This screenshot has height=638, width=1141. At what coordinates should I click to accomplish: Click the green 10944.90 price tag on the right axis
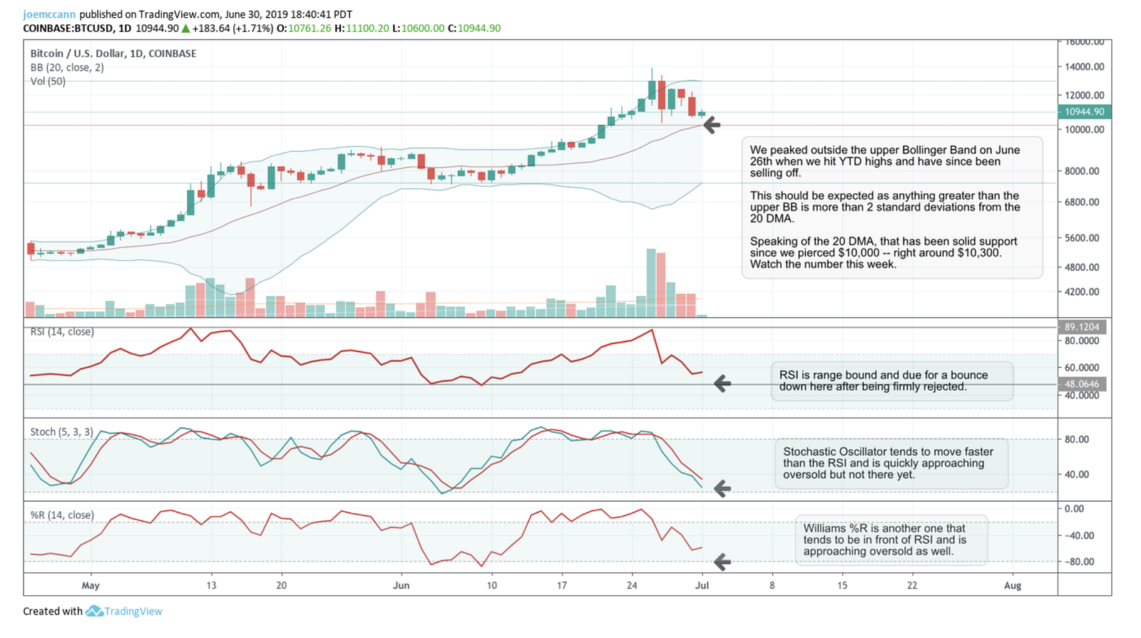pos(1084,112)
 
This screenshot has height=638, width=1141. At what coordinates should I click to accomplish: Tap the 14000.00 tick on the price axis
pos(1084,67)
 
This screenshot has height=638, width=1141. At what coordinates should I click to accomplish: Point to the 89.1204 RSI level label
pos(1081,327)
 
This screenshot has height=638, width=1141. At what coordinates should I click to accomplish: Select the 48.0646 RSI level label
pos(1081,384)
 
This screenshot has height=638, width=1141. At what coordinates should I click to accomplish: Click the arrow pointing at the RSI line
pos(722,384)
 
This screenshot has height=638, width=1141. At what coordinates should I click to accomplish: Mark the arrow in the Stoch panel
pos(722,488)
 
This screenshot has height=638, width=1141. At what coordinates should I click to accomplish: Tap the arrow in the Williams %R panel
pos(722,562)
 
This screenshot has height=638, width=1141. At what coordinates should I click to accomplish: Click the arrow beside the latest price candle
pos(712,125)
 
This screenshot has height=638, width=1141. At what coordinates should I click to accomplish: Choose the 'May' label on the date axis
pos(91,586)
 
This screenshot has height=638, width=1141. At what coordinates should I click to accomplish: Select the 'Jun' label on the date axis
pos(401,586)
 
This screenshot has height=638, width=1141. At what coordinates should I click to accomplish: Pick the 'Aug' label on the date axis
pos(1012,586)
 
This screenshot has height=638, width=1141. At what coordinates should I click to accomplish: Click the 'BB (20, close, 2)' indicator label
pos(67,68)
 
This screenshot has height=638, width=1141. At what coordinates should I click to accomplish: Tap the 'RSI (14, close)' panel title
pos(62,331)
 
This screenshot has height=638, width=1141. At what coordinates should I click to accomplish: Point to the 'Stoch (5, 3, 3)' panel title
pos(61,432)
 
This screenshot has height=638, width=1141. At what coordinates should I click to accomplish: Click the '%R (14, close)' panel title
pos(62,515)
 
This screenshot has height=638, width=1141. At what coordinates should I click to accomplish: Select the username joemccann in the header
pos(49,14)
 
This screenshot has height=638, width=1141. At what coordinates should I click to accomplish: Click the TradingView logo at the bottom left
pos(124,612)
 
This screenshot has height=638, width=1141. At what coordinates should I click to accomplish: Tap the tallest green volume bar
pos(651,283)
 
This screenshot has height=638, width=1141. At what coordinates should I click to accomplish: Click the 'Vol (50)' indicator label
pos(48,81)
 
